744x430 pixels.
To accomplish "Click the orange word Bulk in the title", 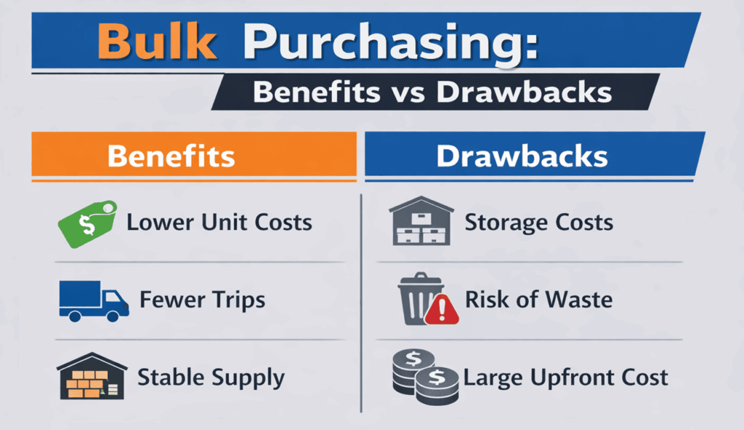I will tap(156, 42).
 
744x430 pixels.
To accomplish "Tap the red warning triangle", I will tap(440, 311).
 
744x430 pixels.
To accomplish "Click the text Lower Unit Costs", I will tap(219, 223).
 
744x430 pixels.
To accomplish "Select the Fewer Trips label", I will tap(202, 300).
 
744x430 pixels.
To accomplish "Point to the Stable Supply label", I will tap(211, 378).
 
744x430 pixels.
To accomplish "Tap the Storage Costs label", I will tap(538, 223).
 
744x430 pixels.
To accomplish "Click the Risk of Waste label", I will tap(538, 300).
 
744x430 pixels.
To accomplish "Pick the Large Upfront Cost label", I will tap(565, 378).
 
